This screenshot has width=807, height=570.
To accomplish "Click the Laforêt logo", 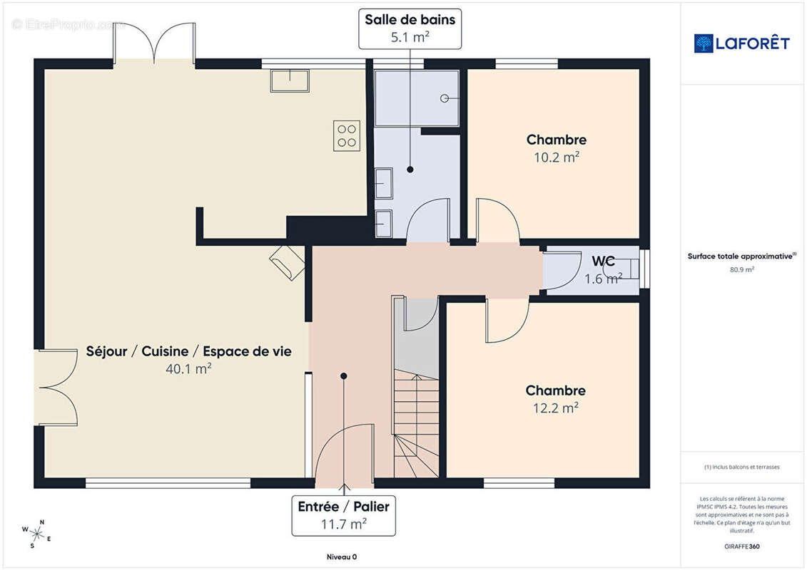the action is click(741, 43).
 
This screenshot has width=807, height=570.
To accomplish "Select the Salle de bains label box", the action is click(410, 28).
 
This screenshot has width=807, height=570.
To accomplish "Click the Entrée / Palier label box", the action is click(344, 516).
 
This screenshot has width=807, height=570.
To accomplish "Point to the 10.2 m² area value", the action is click(557, 157).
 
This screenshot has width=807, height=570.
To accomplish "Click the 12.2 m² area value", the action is click(555, 408).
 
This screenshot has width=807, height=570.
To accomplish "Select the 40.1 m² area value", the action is click(188, 368).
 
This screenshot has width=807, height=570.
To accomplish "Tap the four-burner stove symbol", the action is click(347, 135).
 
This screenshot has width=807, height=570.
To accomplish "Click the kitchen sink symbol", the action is click(290, 81).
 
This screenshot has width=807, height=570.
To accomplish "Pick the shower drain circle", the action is click(445, 98).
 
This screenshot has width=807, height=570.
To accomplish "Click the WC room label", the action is click(603, 261).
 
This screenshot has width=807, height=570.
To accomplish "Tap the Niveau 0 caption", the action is click(342, 556).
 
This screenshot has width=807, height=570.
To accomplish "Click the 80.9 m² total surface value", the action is click(741, 269).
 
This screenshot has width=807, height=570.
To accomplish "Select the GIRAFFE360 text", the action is click(741, 546).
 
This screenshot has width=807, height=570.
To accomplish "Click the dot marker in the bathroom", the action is click(410, 169).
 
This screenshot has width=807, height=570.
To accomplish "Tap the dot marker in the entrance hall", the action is click(344, 376).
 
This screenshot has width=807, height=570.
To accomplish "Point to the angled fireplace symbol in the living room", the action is click(287, 263).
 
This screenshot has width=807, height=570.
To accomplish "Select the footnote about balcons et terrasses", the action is click(741, 467).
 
